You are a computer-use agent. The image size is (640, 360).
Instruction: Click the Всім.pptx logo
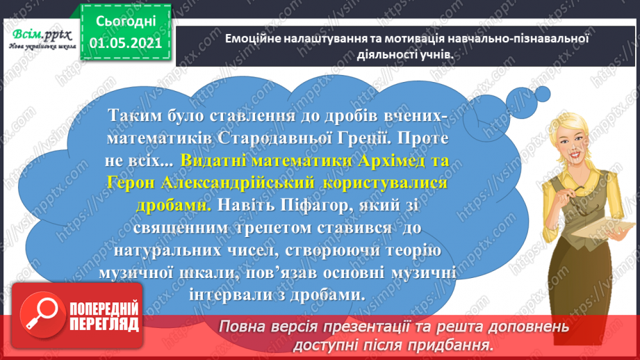point(40,33)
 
